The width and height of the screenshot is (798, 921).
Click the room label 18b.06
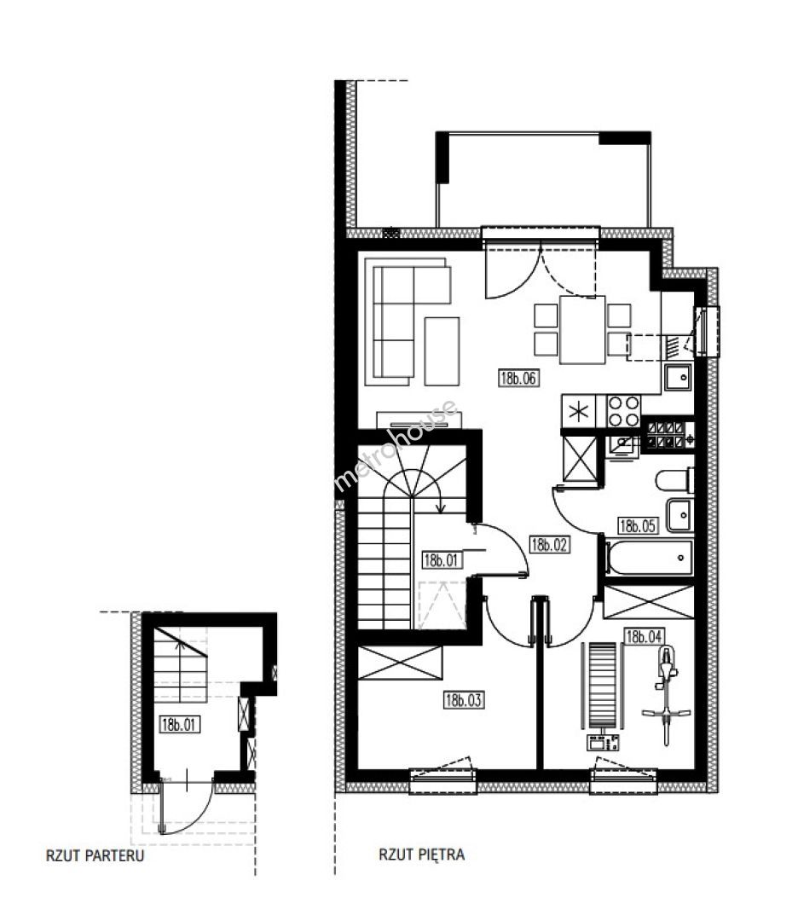518,378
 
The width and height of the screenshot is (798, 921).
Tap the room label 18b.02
549,544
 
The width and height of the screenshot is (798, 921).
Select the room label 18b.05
637,525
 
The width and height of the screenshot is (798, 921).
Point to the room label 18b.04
645,636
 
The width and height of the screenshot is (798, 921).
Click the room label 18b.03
464,699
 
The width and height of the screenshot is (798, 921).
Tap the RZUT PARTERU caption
95,855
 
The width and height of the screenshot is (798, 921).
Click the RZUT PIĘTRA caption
422,854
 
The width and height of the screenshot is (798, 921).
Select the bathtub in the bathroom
649,557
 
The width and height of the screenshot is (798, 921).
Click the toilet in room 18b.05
674,480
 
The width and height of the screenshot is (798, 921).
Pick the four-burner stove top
623,411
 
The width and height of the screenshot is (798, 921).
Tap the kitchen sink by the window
678,377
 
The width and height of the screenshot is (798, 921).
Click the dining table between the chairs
582,329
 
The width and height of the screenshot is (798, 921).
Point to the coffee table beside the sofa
442,350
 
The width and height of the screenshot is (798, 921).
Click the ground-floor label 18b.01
179,724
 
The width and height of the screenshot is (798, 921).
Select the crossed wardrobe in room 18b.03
399,663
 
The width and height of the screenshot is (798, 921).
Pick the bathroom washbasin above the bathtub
680,515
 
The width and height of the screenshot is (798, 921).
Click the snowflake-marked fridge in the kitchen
579,411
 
